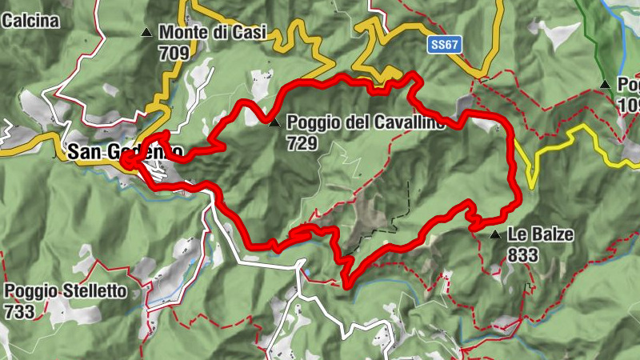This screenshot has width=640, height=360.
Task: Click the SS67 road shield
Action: pos(445,45)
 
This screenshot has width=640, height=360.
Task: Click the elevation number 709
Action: pos(174,54)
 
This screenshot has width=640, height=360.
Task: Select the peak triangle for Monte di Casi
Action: pos(146,33)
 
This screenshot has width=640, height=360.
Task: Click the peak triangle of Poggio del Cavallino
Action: pos(274,123)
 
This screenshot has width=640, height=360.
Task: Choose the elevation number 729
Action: pos(303,144)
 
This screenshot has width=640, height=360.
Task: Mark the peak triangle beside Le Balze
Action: pos(495,235)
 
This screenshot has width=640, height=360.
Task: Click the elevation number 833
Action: pos(523,255)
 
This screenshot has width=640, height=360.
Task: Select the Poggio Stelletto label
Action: pos(66,291)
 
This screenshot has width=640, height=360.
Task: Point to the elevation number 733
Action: pos(19,311)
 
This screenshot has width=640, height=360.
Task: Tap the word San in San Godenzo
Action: pos(83,151)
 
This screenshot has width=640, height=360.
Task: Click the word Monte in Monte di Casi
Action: pos(182,33)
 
